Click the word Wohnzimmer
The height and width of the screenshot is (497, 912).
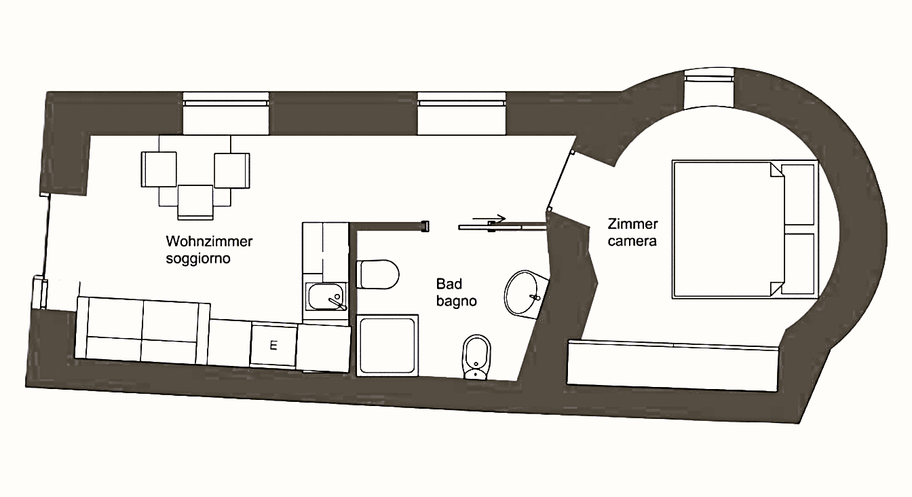209,241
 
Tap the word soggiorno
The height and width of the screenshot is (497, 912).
198,259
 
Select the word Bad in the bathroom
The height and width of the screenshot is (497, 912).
449,284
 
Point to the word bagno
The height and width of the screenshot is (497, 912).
457,301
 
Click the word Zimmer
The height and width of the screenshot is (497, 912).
632,223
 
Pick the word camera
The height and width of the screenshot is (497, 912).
632,241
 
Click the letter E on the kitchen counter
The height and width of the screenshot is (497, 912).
273,346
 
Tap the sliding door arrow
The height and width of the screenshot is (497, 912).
489,219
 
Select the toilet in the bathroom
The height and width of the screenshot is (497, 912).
377,274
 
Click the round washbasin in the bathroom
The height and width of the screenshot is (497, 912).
525,294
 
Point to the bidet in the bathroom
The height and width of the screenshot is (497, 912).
476,357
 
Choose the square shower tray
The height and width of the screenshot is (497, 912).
387,345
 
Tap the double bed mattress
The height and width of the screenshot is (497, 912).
729,229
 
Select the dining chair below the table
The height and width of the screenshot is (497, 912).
195,202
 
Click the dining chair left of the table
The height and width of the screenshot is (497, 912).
159,170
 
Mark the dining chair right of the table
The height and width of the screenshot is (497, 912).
232,170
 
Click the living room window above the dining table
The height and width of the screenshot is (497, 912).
226,113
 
